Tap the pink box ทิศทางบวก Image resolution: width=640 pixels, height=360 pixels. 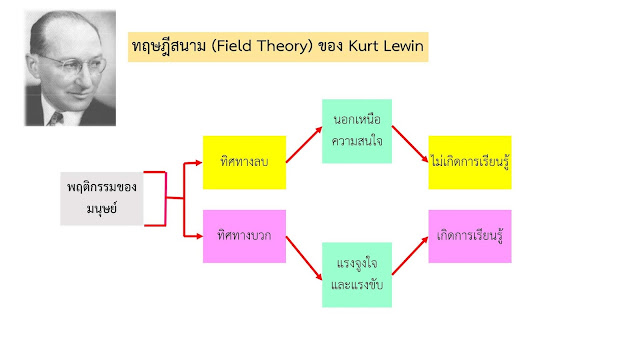pos(244,236)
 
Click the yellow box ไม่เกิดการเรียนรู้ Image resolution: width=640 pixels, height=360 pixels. pos(470,162)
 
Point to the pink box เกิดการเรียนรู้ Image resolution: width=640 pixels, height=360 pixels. pos(470,236)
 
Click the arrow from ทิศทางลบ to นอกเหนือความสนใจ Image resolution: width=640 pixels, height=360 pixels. pos(304,146)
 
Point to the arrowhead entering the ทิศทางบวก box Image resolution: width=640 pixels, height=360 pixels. pos(197,236)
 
